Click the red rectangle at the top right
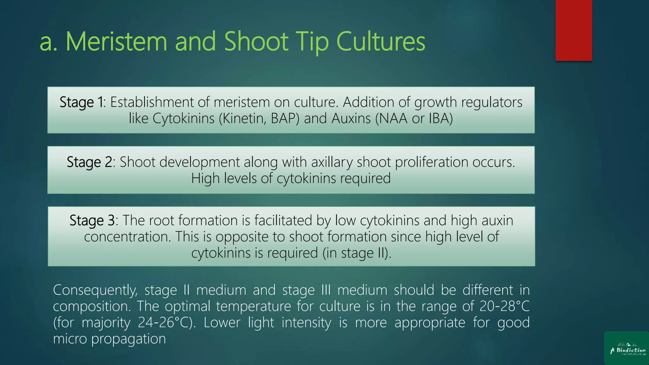[574, 30]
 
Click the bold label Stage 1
[82, 102]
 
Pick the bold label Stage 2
[89, 162]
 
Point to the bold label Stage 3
[92, 221]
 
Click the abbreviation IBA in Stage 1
[440, 118]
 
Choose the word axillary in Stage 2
[332, 162]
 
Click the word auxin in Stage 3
[497, 221]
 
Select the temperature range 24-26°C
[167, 323]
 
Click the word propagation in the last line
[128, 339]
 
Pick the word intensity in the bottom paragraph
[306, 323]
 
